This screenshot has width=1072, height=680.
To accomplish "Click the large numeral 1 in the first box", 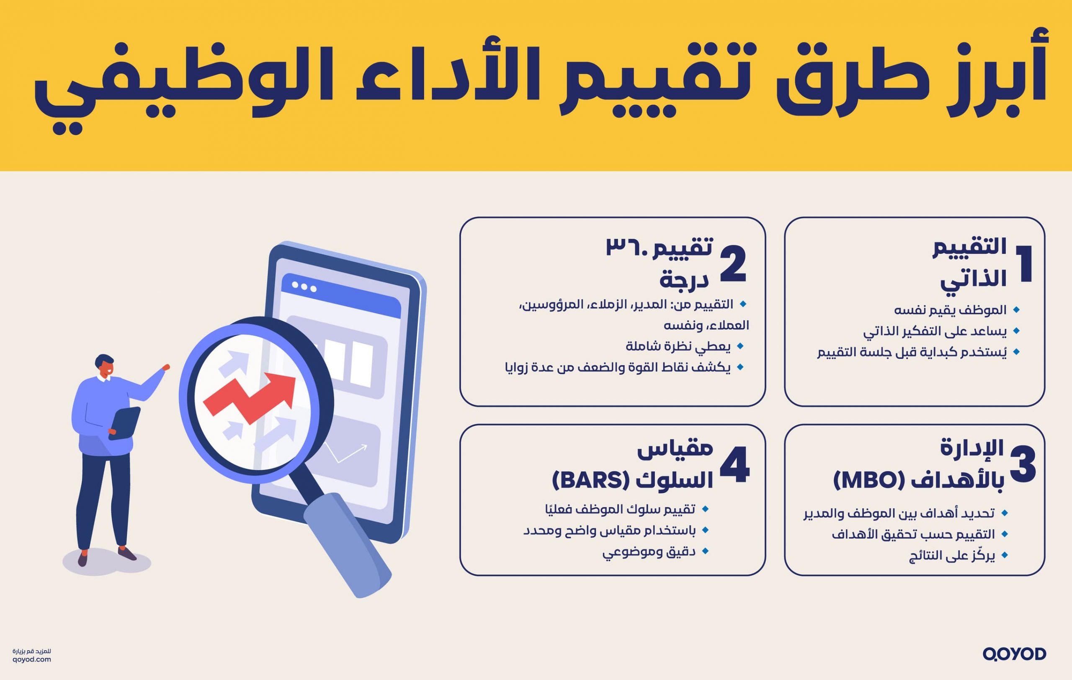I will coord(1023,263).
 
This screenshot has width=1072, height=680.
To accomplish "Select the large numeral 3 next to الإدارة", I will coord(1023,465).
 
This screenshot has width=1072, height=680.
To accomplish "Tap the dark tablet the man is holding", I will coord(125,423).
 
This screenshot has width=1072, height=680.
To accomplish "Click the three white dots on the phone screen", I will coord(304,288).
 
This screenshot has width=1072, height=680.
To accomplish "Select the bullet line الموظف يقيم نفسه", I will coord(950,310).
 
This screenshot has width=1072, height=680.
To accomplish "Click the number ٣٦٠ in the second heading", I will coord(628,247).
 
